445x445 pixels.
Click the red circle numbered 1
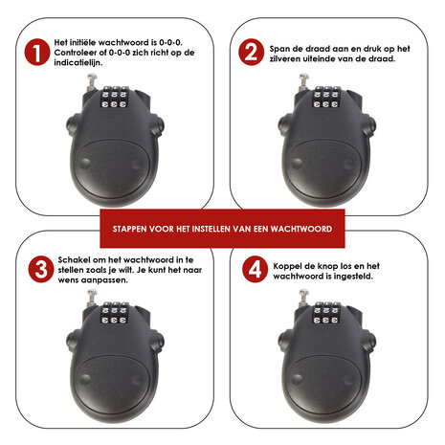coord(37,53)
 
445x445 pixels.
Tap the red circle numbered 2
coord(252,53)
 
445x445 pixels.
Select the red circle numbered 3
coord(41,269)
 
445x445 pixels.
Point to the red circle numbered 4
coord(255,269)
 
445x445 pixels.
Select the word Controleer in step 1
coord(74,53)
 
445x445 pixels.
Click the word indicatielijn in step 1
coord(78,63)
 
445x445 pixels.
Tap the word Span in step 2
coord(278,50)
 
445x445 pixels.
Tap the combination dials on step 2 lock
coord(325,98)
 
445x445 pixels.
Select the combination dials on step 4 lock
coord(325,313)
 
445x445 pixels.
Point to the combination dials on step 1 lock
coord(114,97)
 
